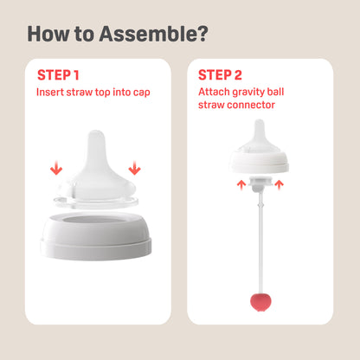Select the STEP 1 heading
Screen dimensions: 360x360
(x=58, y=75)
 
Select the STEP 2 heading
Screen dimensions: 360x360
(x=220, y=75)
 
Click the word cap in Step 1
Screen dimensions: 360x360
(x=142, y=93)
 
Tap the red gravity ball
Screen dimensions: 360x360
(x=260, y=303)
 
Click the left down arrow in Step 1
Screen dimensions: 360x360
(x=56, y=168)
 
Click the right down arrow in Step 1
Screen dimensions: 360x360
(x=134, y=168)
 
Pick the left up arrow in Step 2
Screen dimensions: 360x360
(x=241, y=185)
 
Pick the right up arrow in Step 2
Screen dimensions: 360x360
(x=279, y=185)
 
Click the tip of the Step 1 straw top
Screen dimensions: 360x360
(x=96, y=131)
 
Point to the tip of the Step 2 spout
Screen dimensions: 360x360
(x=260, y=119)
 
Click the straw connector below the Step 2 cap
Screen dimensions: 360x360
(x=260, y=183)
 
